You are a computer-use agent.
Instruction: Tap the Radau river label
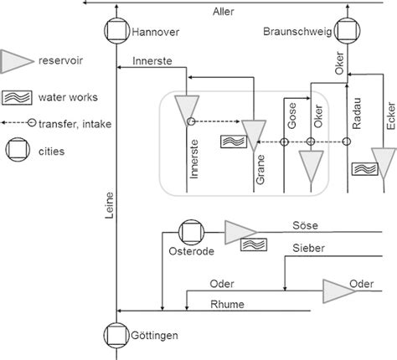click(356, 112)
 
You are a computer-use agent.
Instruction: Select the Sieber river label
click(308, 248)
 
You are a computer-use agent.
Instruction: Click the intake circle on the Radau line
click(348, 142)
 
